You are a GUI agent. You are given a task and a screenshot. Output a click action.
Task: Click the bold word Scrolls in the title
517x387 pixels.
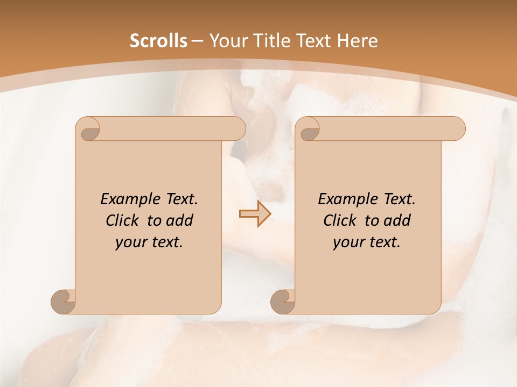point(159,40)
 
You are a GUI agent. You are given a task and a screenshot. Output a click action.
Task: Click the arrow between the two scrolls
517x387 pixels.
point(255,214)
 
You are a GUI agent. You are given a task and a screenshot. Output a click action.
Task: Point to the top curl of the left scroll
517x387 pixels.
point(88,129)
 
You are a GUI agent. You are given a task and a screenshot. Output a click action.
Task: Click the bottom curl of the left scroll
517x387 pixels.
point(64,302)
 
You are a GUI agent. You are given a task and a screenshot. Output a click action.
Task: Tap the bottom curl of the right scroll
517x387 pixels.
point(283,302)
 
